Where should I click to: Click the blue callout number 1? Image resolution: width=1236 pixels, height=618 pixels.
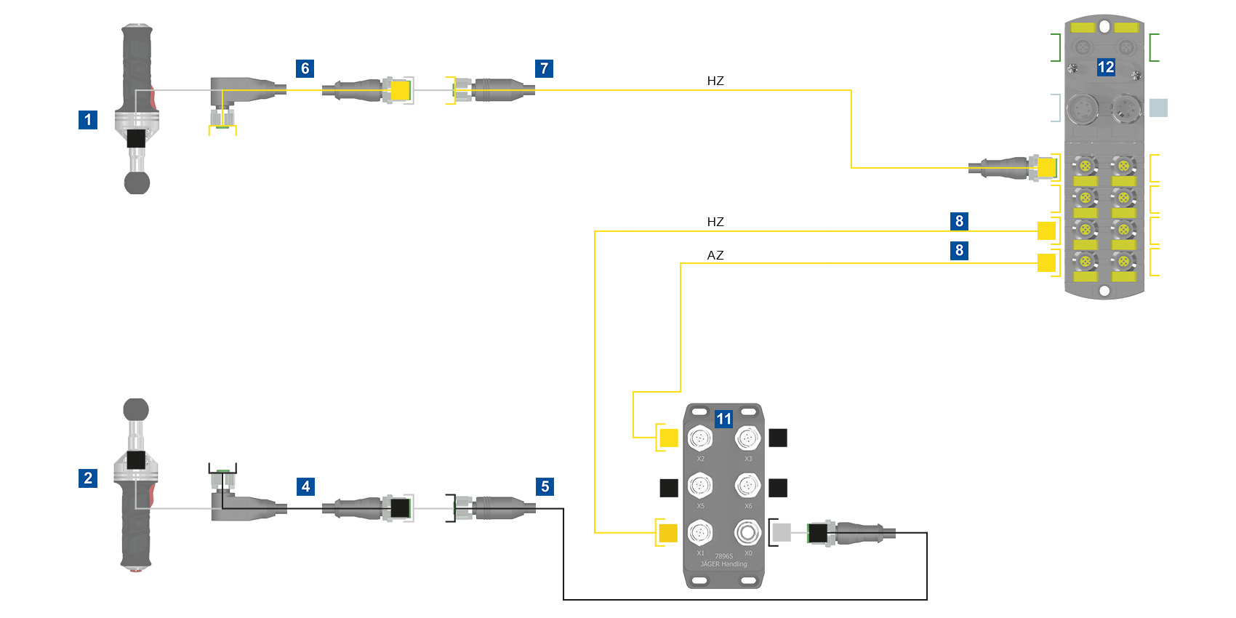88,119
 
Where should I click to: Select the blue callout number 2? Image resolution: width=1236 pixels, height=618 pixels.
88,478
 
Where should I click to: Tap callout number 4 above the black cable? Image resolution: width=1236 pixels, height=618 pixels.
305,486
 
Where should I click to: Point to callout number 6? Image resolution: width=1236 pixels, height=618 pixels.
305,68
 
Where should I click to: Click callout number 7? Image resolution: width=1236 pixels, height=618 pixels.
544,68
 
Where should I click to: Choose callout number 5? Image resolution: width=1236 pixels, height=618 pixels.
545,486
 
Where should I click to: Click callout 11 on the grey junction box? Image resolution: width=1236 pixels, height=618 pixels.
723,419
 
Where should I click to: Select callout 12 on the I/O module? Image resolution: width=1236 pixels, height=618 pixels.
1106,67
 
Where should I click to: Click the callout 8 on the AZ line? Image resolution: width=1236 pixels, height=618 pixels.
959,250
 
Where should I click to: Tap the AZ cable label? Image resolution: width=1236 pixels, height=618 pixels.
715,255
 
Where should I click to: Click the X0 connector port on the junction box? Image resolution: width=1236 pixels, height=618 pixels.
747,533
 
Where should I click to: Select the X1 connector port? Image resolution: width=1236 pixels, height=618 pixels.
699,533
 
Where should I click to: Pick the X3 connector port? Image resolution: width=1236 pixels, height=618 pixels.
747,438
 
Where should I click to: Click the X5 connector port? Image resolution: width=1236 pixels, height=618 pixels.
699,485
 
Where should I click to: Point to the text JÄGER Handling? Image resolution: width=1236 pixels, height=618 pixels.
723,564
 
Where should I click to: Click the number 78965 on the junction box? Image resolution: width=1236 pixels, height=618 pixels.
723,556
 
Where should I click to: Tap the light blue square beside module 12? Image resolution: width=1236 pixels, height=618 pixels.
1158,108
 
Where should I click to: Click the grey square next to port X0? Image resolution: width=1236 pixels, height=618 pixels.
781,533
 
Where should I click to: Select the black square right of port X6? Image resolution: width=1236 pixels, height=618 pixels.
778,487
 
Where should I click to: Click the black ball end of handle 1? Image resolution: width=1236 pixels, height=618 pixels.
137,182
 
